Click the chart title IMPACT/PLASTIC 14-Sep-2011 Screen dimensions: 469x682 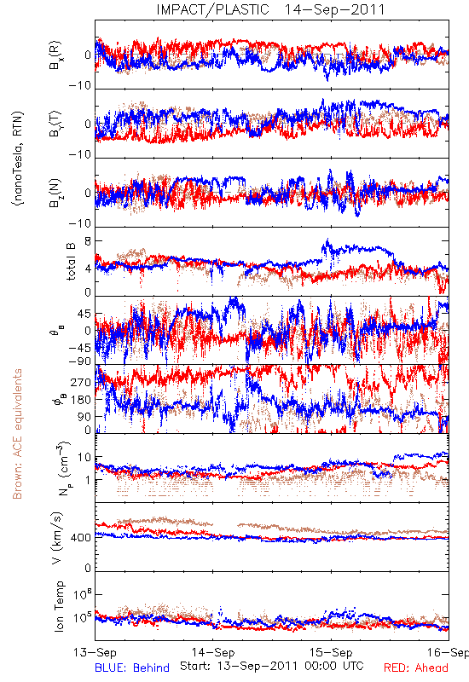tap(270, 9)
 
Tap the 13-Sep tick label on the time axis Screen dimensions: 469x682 tap(95, 652)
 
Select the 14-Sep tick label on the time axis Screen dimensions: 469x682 tap(213, 652)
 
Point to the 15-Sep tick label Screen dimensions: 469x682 tap(331, 652)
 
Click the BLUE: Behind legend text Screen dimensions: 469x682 tap(132, 668)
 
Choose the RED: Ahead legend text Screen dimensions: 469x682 tap(415, 668)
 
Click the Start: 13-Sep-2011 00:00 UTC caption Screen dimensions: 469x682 tap(272, 666)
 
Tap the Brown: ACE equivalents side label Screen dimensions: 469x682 tap(17, 434)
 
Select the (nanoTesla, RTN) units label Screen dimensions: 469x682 tap(18, 159)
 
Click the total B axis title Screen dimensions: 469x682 tap(71, 261)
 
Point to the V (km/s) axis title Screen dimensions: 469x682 tap(57, 538)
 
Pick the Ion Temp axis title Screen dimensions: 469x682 tap(59, 606)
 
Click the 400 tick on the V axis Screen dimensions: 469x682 tap(81, 538)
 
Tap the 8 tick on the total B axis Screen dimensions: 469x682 tap(88, 241)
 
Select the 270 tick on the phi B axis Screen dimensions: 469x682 tap(81, 382)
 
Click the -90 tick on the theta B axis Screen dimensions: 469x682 tap(80, 361)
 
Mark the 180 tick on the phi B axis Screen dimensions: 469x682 tap(81, 400)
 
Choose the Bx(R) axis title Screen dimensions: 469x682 tap(55, 55)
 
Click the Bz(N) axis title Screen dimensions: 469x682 tap(55, 193)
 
